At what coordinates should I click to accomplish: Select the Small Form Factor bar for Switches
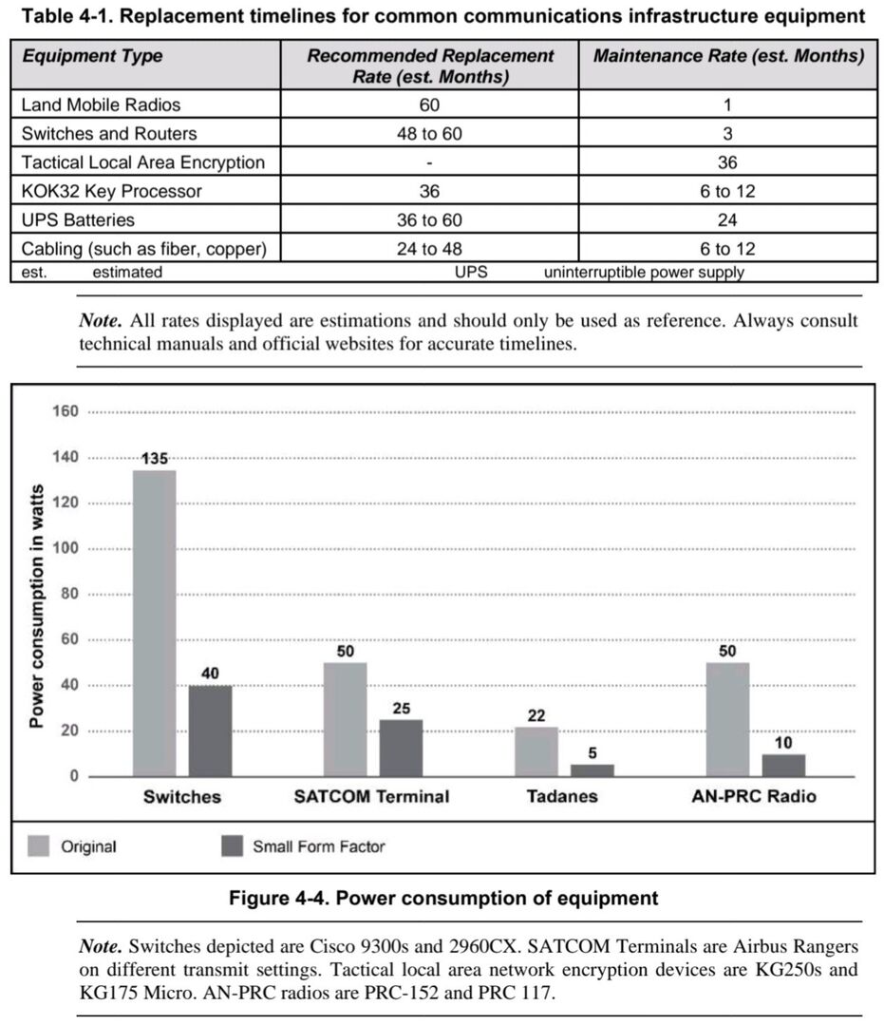click(x=210, y=731)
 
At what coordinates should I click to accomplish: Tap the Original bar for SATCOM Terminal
click(x=345, y=719)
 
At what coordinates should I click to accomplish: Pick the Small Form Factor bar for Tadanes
click(x=592, y=770)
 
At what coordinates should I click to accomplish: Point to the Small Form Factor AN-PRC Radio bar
click(x=783, y=766)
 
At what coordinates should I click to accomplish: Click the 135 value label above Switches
click(x=155, y=459)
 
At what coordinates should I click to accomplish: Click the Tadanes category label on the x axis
click(x=562, y=796)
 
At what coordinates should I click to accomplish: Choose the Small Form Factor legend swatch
click(x=233, y=845)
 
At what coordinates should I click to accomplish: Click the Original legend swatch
click(x=40, y=845)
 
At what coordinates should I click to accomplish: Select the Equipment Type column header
click(x=92, y=56)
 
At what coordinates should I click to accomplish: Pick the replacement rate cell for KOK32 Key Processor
click(x=429, y=191)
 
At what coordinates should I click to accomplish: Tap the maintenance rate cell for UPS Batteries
click(x=727, y=219)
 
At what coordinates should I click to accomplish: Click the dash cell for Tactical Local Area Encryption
click(x=429, y=162)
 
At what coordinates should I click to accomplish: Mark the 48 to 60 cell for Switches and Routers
click(x=429, y=133)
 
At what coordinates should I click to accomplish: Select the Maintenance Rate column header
click(x=728, y=56)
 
